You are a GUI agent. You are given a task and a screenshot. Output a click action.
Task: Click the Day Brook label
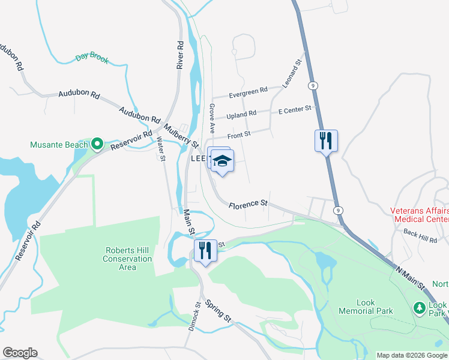point(92,58)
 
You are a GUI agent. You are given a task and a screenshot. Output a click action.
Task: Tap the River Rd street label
point(179,54)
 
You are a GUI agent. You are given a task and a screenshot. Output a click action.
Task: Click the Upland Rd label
point(241,114)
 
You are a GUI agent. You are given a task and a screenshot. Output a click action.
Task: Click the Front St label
point(239,136)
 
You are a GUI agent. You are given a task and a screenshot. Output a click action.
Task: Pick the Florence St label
point(248,205)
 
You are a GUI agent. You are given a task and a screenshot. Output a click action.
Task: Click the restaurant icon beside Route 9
point(326,140)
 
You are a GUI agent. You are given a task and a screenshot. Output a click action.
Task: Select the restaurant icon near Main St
point(205,250)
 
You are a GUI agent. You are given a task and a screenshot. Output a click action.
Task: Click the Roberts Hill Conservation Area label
point(128,259)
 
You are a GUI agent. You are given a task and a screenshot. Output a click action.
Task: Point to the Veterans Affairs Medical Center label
point(419,215)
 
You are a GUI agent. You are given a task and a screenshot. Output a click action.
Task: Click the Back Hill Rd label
point(420,236)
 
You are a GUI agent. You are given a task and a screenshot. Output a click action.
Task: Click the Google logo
point(20,353)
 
